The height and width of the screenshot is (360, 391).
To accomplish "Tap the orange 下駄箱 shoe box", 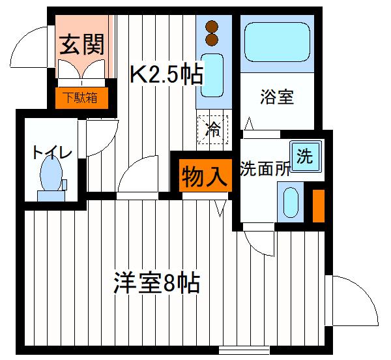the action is click(81, 98).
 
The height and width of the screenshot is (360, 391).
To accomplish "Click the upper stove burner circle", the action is click(211, 27).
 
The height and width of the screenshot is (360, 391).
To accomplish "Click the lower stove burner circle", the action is click(211, 40).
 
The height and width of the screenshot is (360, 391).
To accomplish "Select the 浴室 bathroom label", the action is click(277, 98).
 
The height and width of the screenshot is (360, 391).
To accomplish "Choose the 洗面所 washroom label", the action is click(265, 168).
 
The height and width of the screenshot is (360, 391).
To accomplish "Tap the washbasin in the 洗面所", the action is click(290, 202).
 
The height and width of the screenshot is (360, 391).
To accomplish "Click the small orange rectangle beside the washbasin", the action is click(318, 205).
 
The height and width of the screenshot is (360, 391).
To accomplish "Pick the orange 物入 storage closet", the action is click(203, 175).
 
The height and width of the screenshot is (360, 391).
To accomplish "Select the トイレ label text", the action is click(51, 153).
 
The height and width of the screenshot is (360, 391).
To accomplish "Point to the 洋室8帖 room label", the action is click(156, 284).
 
